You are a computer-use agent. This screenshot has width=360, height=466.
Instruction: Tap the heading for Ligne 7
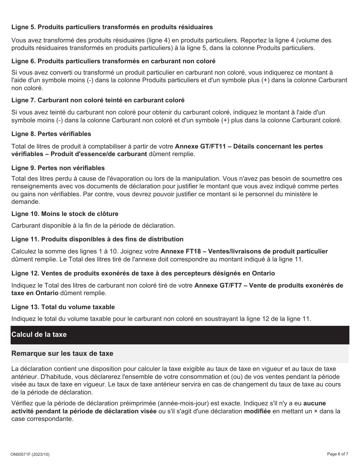coord(98,100)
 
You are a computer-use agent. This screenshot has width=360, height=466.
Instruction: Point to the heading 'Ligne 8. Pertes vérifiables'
coord(51,134)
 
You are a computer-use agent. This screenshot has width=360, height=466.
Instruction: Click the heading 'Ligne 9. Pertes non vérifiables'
coord(58,168)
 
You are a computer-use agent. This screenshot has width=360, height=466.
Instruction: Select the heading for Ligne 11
coord(97,239)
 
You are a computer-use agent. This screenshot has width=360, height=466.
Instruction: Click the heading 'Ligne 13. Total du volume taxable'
coord(63,307)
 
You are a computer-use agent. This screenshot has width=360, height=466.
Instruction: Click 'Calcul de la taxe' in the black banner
coord(39,335)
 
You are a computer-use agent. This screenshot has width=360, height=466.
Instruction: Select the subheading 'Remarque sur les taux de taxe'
coord(62,353)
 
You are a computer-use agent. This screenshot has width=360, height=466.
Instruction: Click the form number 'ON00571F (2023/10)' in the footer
coord(30,454)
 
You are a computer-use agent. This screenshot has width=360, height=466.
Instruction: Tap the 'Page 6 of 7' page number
coord(338,453)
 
